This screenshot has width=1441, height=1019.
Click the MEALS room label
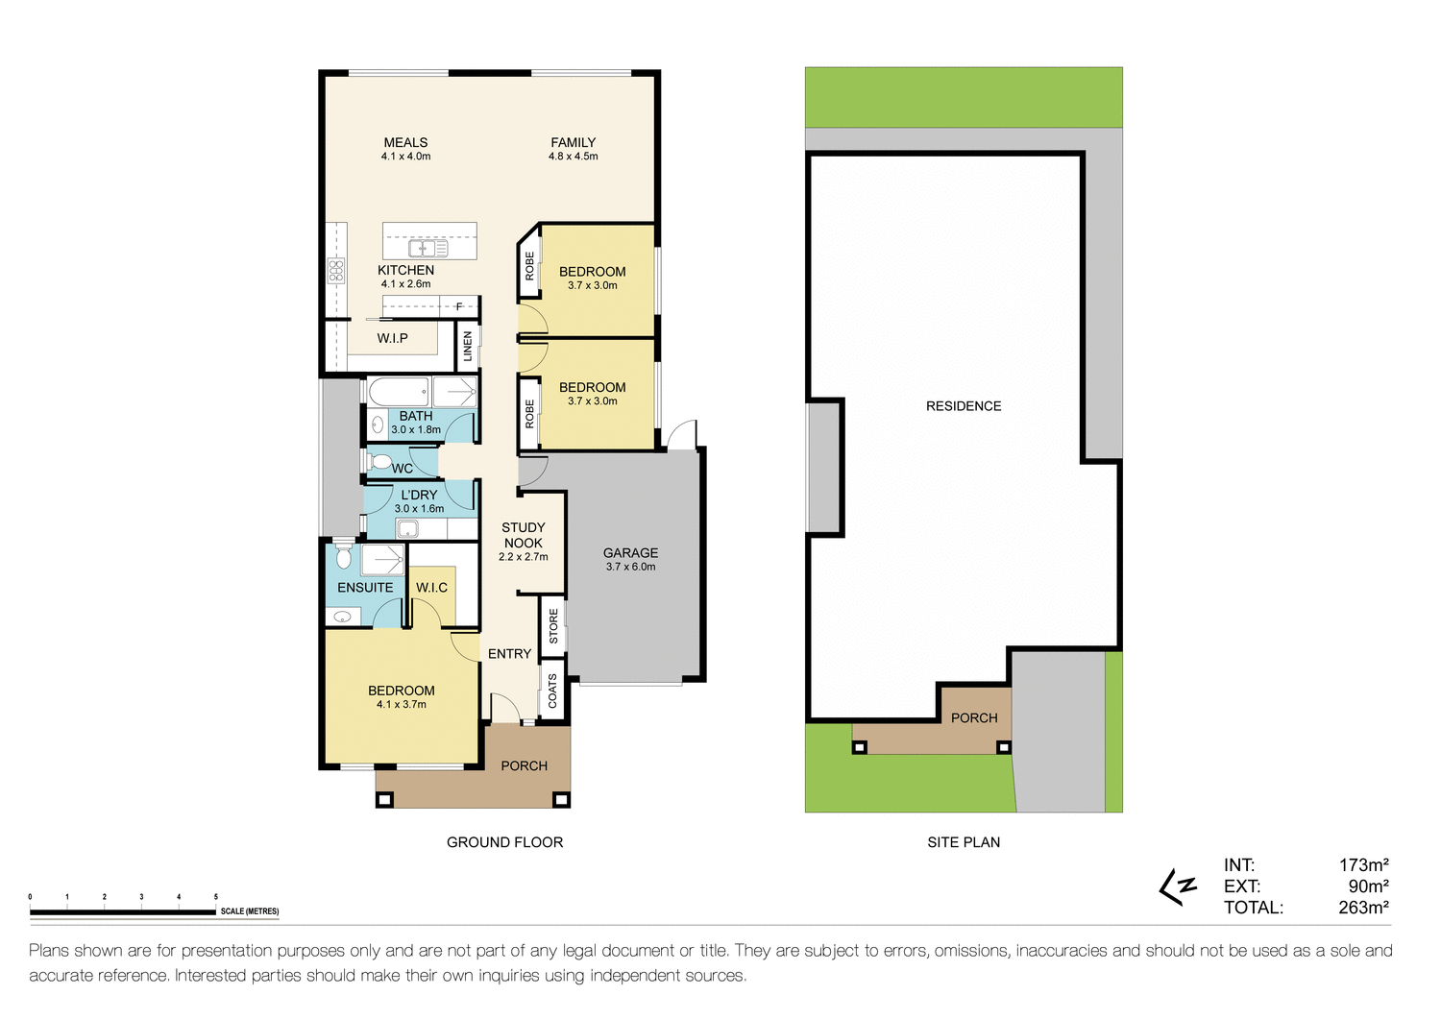tap(405, 142)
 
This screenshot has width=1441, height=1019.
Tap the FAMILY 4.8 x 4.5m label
tap(573, 149)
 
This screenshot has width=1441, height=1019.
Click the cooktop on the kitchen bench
tap(336, 271)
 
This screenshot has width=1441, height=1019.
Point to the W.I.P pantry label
tap(392, 338)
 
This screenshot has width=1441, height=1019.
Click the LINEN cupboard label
tap(468, 346)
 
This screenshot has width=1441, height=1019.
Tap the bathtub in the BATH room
tap(398, 393)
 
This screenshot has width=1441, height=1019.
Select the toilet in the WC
tap(379, 461)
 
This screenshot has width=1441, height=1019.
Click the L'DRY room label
tap(419, 496)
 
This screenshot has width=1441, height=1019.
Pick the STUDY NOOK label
tap(523, 535)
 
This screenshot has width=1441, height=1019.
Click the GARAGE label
tap(630, 553)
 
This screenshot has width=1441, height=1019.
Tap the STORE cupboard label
tap(553, 625)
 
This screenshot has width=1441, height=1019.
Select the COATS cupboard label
tap(552, 691)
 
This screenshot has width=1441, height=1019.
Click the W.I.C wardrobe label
tap(431, 588)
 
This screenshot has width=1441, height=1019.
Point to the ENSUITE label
tap(365, 588)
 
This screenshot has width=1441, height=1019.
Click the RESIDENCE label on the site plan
tap(963, 406)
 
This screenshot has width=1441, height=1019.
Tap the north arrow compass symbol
tap(1178, 887)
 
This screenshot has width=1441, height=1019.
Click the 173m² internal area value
tap(1363, 865)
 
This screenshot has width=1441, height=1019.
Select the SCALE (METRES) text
tap(250, 911)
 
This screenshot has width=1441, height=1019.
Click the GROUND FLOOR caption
tap(504, 842)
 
